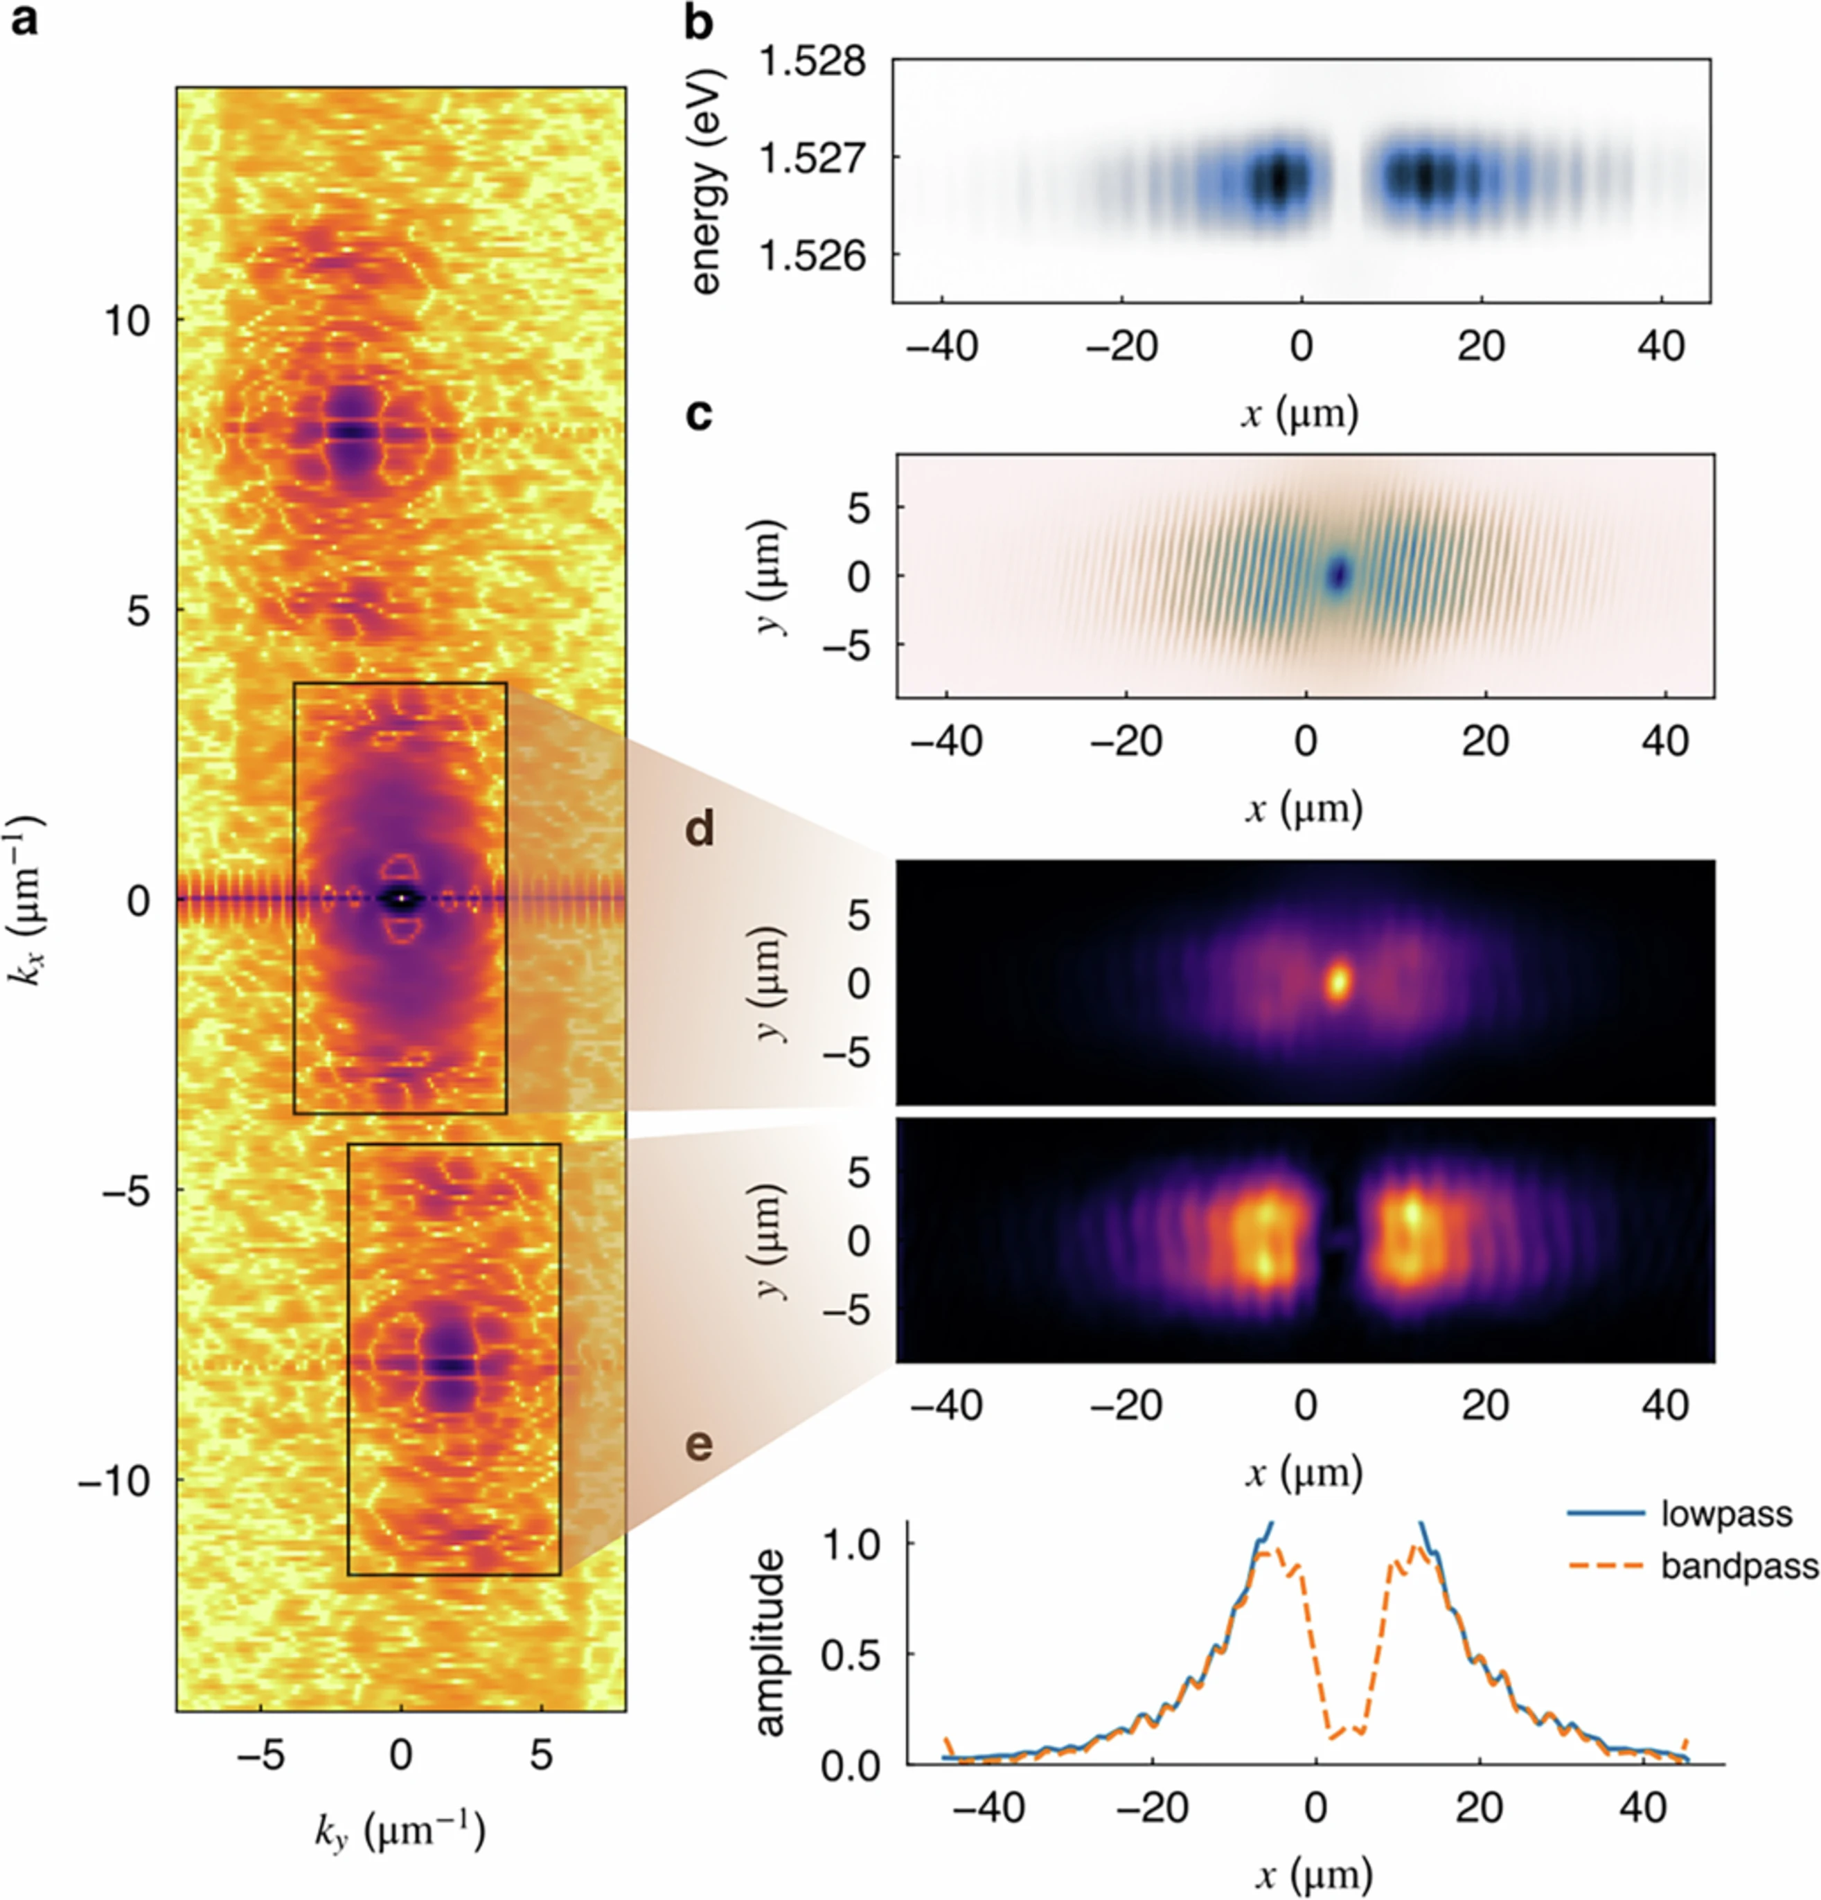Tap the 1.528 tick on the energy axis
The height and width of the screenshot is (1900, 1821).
pyautogui.click(x=811, y=63)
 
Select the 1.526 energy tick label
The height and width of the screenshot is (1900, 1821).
pyautogui.click(x=811, y=257)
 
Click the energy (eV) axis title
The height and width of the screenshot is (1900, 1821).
pyautogui.click(x=709, y=181)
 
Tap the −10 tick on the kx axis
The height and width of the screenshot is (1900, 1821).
pyautogui.click(x=114, y=1480)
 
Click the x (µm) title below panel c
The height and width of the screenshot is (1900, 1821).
pyautogui.click(x=1304, y=808)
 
